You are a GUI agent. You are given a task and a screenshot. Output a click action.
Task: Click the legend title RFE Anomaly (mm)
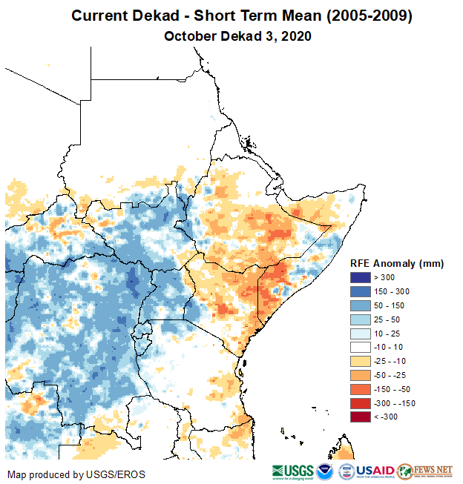click(x=396, y=263)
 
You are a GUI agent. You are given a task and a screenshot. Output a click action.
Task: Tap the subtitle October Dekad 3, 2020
click(x=237, y=36)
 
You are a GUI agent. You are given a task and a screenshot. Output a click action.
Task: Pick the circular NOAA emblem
click(x=325, y=471)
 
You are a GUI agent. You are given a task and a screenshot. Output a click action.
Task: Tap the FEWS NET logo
click(x=425, y=471)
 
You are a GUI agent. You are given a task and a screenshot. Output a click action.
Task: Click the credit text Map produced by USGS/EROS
click(x=76, y=474)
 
